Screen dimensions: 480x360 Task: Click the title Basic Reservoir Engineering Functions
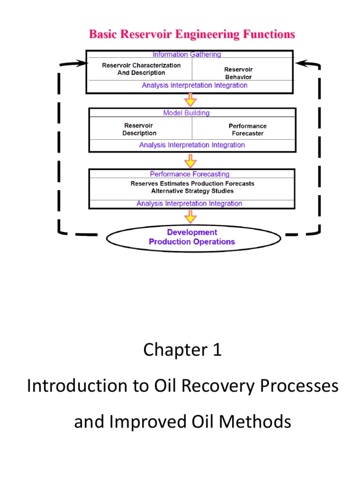tap(192, 34)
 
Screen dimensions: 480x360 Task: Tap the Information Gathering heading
tap(187, 54)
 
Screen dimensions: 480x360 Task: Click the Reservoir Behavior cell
tap(238, 73)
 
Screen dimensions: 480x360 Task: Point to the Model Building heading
tap(187, 113)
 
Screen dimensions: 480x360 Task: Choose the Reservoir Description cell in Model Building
tap(139, 129)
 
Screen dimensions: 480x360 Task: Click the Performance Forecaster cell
tap(247, 130)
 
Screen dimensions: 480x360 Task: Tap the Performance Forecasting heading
tap(190, 174)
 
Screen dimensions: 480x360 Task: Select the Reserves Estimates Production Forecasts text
tap(192, 184)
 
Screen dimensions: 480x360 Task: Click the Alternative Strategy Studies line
tap(192, 191)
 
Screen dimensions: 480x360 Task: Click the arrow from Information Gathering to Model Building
tap(190, 100)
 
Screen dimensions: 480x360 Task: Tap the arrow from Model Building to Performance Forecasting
tap(190, 161)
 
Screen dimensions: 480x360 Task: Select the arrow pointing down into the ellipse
tap(190, 217)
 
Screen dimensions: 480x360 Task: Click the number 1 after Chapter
tap(216, 350)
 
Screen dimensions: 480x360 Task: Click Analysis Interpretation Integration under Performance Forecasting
tap(189, 203)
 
